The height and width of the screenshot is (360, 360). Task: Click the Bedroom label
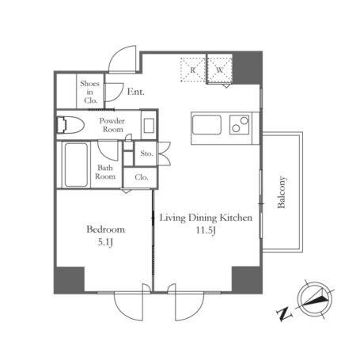106,229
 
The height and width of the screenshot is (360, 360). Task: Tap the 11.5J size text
206,230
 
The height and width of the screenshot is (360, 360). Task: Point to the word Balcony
282,192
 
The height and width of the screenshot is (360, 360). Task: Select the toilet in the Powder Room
70,125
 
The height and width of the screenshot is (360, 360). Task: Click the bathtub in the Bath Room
76,165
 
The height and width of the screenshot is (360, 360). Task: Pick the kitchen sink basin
207,125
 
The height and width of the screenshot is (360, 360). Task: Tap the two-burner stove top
240,124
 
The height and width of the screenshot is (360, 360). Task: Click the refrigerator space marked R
193,70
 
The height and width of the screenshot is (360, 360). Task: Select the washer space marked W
219,70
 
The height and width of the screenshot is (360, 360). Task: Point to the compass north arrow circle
314,299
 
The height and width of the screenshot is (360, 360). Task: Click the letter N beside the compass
284,314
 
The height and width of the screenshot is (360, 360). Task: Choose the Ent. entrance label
136,92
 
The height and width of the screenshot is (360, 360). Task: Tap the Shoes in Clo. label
90,92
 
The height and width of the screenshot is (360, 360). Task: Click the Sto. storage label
146,153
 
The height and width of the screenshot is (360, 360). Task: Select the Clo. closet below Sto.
142,177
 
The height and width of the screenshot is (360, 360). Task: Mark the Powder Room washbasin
149,125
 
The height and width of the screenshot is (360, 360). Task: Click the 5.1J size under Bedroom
105,242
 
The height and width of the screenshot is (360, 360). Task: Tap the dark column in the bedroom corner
70,279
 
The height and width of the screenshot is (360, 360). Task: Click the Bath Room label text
105,172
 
